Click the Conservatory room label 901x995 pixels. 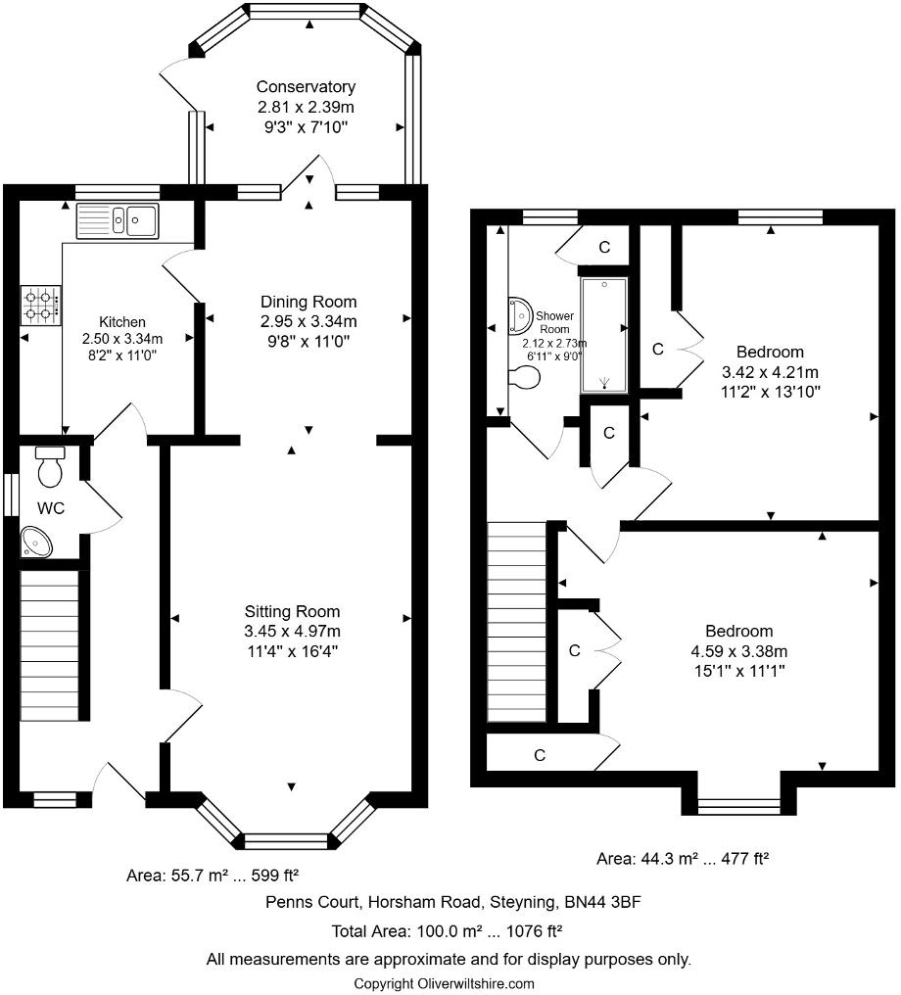click(306, 87)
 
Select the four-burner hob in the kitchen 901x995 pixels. click(40, 305)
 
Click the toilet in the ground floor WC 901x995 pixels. click(49, 468)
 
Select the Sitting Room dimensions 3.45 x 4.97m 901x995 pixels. click(293, 631)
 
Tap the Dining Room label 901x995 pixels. click(308, 302)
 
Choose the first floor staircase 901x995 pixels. click(517, 622)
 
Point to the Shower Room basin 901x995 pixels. click(517, 315)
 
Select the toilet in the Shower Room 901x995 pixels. click(525, 378)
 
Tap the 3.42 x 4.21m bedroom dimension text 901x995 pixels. click(770, 372)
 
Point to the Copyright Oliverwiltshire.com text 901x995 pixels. click(444, 983)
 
